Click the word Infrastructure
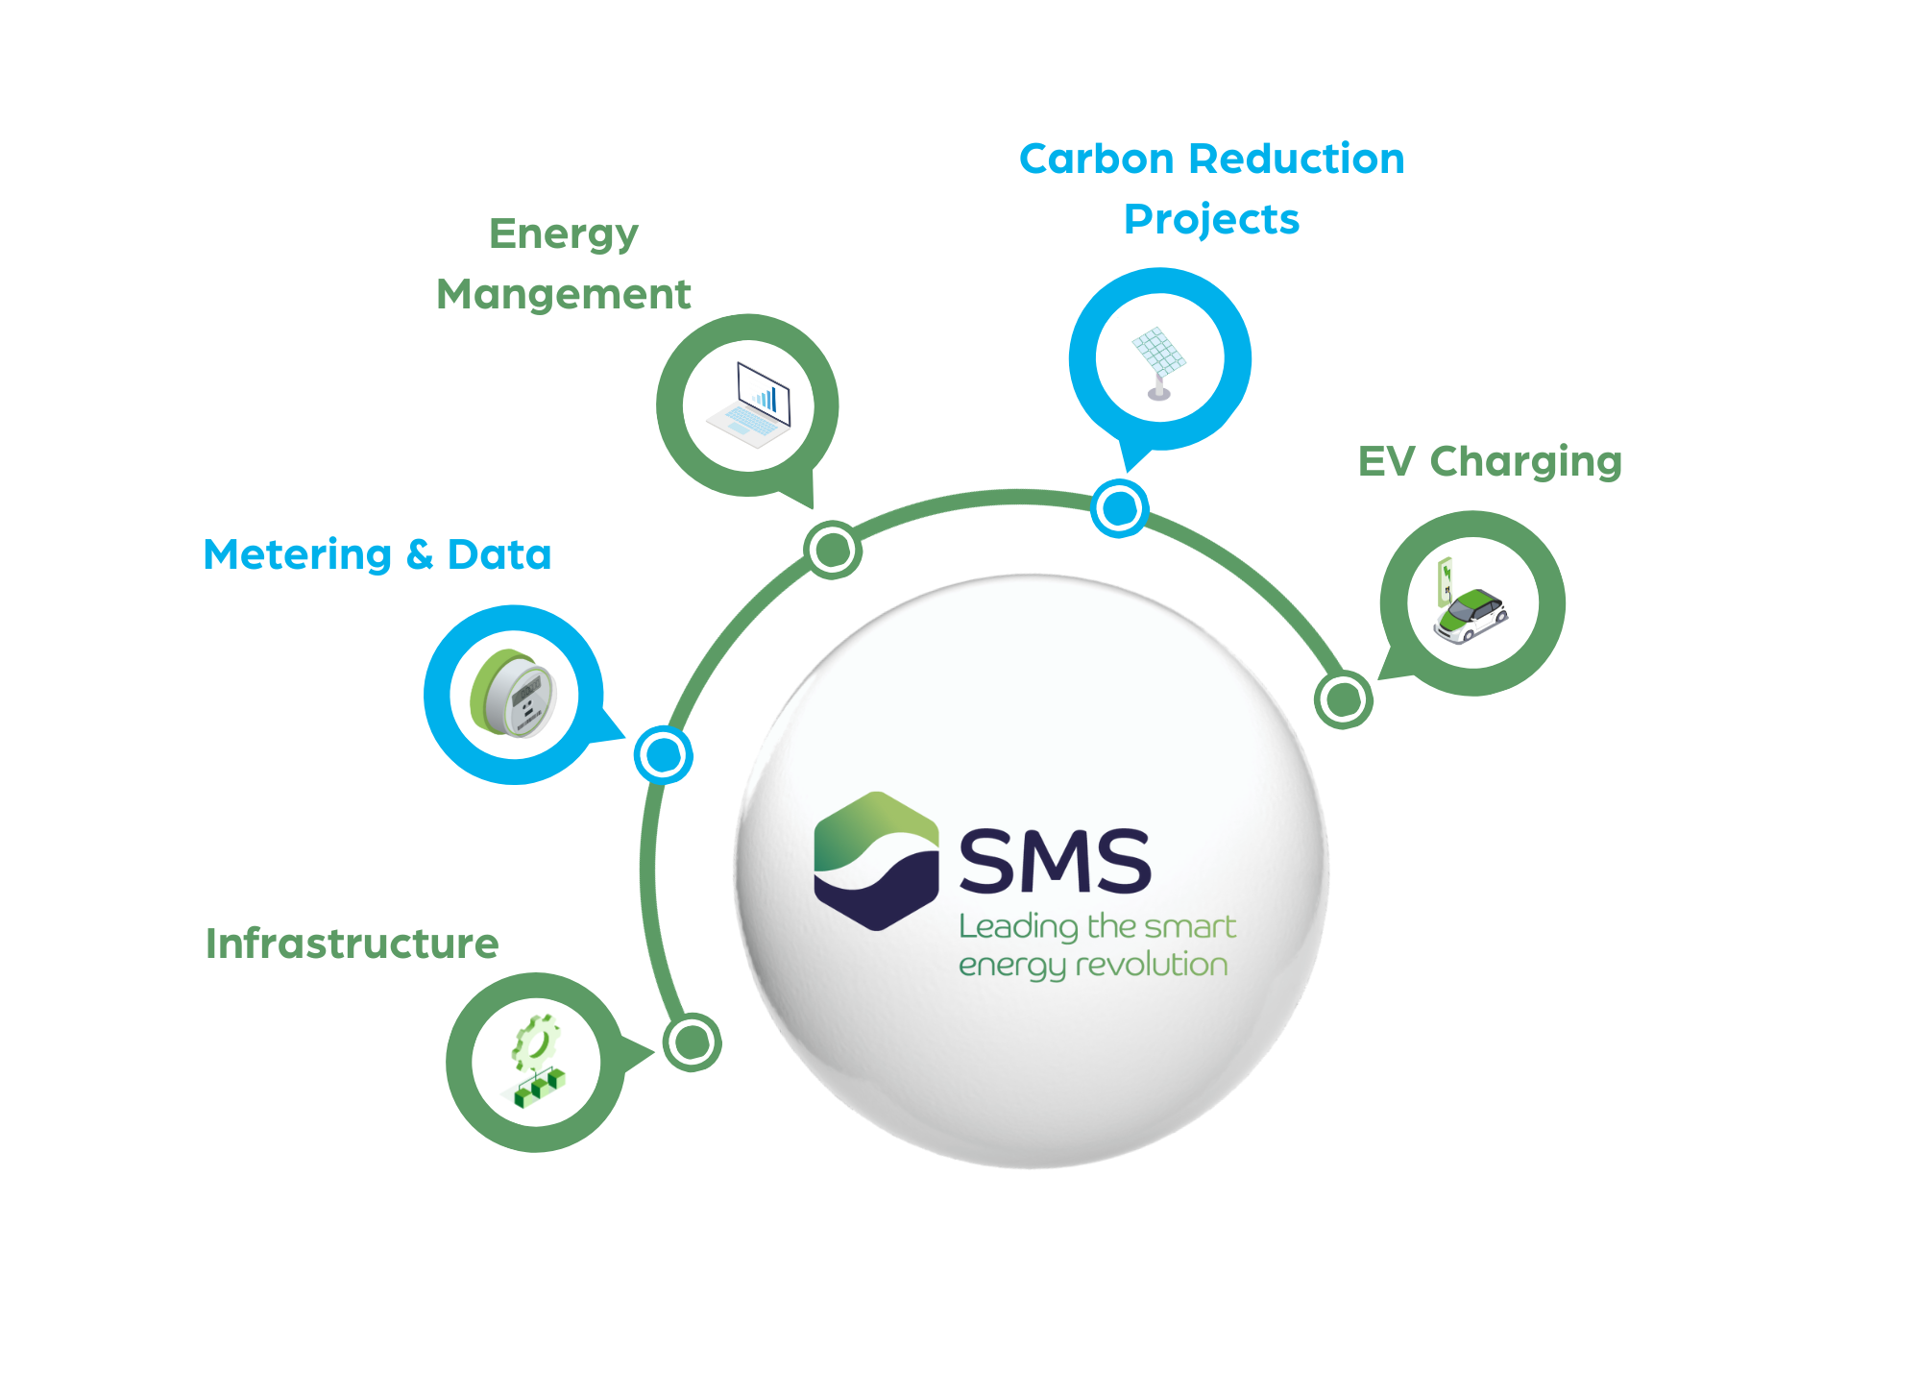352,944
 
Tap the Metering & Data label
377,554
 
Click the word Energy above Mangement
563,233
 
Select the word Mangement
563,294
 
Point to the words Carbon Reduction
1211,159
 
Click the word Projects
1211,219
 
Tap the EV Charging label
1489,461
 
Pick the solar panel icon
1159,360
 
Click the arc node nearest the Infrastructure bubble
692,1042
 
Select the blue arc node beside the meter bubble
663,755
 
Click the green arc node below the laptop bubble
832,550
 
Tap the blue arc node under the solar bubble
1119,508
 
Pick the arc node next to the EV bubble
1343,699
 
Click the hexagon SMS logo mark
876,861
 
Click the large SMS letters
1055,861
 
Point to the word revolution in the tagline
1152,965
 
